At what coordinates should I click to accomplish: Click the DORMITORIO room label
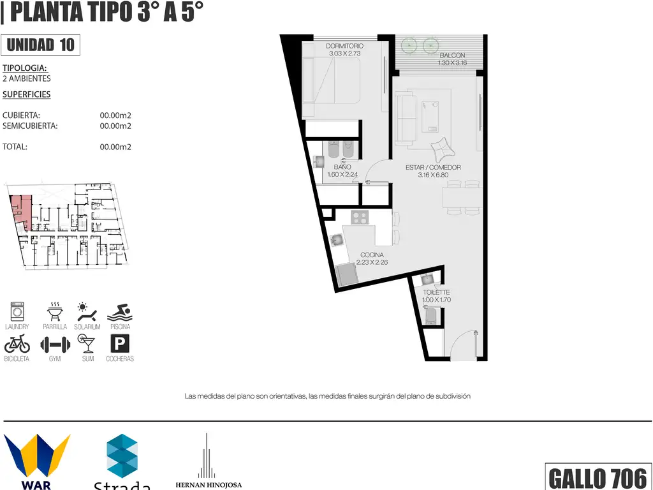[344, 46]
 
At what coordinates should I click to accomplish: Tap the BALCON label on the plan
[452, 56]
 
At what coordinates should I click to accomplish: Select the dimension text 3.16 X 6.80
[433, 175]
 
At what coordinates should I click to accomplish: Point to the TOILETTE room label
[436, 292]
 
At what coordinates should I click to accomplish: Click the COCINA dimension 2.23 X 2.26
[372, 262]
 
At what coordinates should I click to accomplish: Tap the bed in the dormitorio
[331, 80]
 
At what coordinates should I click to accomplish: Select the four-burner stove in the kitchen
[360, 217]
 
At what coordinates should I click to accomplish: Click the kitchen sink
[337, 240]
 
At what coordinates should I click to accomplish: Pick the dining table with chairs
[463, 198]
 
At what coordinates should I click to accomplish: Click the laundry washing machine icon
[17, 311]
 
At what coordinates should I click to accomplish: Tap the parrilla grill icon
[55, 311]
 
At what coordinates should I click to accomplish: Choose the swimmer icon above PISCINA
[119, 313]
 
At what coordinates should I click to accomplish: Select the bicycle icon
[17, 344]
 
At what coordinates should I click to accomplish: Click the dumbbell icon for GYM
[55, 345]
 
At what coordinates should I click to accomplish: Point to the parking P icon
[120, 344]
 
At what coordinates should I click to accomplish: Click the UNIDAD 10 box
[40, 45]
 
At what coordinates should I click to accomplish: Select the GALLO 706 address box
[598, 477]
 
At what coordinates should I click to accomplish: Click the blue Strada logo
[122, 456]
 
